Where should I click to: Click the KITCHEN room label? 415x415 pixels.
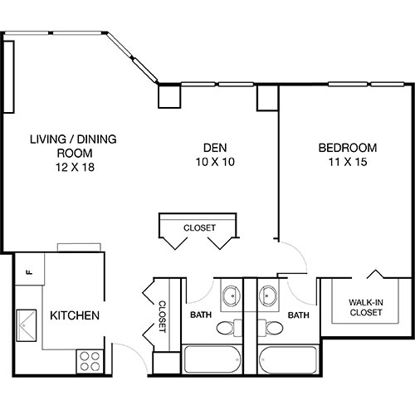click(x=76, y=315)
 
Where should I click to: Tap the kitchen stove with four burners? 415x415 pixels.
click(x=89, y=359)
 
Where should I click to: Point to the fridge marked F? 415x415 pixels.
click(x=28, y=271)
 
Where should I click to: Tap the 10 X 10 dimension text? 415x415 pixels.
click(x=211, y=162)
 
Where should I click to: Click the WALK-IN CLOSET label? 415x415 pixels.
click(x=366, y=307)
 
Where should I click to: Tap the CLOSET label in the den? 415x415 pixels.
click(x=200, y=227)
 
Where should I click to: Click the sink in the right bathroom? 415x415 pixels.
click(x=269, y=295)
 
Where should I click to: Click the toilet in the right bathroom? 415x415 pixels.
click(x=271, y=330)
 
